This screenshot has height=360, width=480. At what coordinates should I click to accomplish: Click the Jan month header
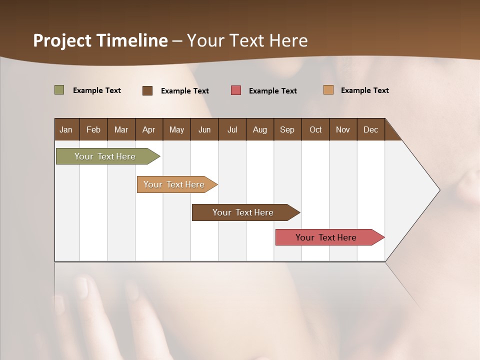point(66,129)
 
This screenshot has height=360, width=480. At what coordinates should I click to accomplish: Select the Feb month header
point(93,129)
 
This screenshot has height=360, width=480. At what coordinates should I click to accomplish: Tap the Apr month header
point(148,129)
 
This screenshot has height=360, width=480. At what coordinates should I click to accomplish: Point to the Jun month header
point(204,129)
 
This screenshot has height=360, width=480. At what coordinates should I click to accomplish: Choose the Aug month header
point(259,129)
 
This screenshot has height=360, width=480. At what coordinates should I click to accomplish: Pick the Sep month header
point(287,129)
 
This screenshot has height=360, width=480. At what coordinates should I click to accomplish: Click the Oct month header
point(315,129)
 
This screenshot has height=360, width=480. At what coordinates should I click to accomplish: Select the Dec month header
point(370,129)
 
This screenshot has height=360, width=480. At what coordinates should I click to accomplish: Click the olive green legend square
point(59,90)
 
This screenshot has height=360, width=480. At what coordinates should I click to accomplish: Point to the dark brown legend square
point(147,90)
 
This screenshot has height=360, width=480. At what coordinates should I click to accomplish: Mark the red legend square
point(236,90)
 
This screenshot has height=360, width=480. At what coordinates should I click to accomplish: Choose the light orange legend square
point(328,90)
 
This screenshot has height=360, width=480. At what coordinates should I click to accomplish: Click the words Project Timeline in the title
point(100,40)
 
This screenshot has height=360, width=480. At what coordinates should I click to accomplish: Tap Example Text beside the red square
point(272,91)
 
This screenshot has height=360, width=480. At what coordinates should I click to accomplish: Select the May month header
point(176,129)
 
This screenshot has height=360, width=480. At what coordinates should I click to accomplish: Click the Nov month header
point(342,129)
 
